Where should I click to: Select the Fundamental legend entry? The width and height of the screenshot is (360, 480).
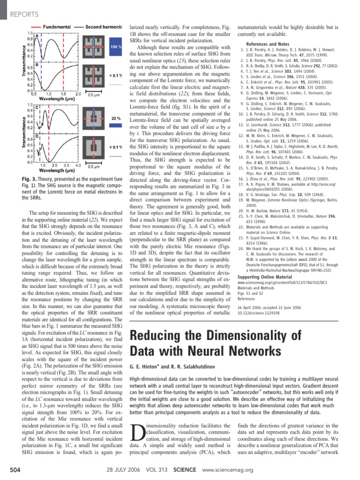59,27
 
